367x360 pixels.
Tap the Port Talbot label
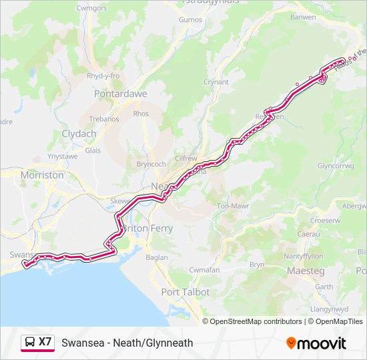pyautogui.click(x=186, y=292)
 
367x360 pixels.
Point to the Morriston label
pyautogui.click(x=42, y=175)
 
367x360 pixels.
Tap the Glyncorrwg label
pyautogui.click(x=336, y=165)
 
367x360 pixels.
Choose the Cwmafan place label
pyautogui.click(x=204, y=269)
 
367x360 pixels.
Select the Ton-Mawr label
pyautogui.click(x=233, y=207)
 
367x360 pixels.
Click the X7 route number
pyautogui.click(x=45, y=342)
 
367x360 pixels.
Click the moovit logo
pyautogui.click(x=316, y=343)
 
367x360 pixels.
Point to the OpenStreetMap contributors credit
pyautogui.click(x=256, y=321)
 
